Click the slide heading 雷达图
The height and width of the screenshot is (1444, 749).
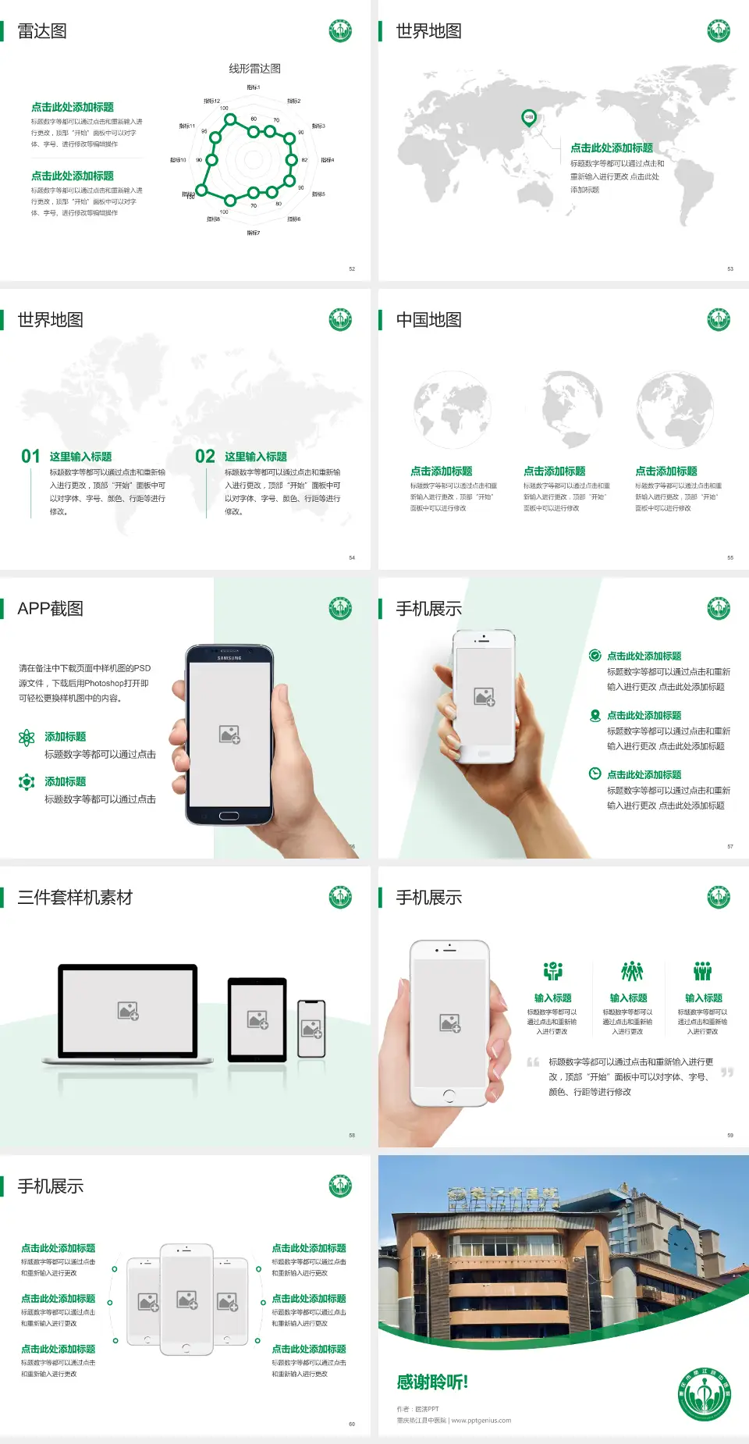42,31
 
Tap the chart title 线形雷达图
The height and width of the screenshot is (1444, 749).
254,69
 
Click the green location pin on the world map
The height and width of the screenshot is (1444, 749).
528,118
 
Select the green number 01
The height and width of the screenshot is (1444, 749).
30,457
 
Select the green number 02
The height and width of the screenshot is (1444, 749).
205,457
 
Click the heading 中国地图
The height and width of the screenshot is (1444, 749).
428,320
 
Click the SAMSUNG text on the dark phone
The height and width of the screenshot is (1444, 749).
229,658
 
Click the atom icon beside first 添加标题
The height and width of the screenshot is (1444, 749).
27,738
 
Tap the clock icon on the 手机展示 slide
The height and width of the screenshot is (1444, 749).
595,774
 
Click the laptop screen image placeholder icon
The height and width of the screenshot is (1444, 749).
128,1011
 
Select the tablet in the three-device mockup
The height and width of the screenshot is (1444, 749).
257,1019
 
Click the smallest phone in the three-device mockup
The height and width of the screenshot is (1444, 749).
311,1029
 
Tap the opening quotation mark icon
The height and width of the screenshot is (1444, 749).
533,1062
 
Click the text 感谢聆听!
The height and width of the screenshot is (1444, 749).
432,1382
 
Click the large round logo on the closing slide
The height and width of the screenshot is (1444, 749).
705,1394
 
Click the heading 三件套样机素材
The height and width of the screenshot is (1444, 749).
75,898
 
